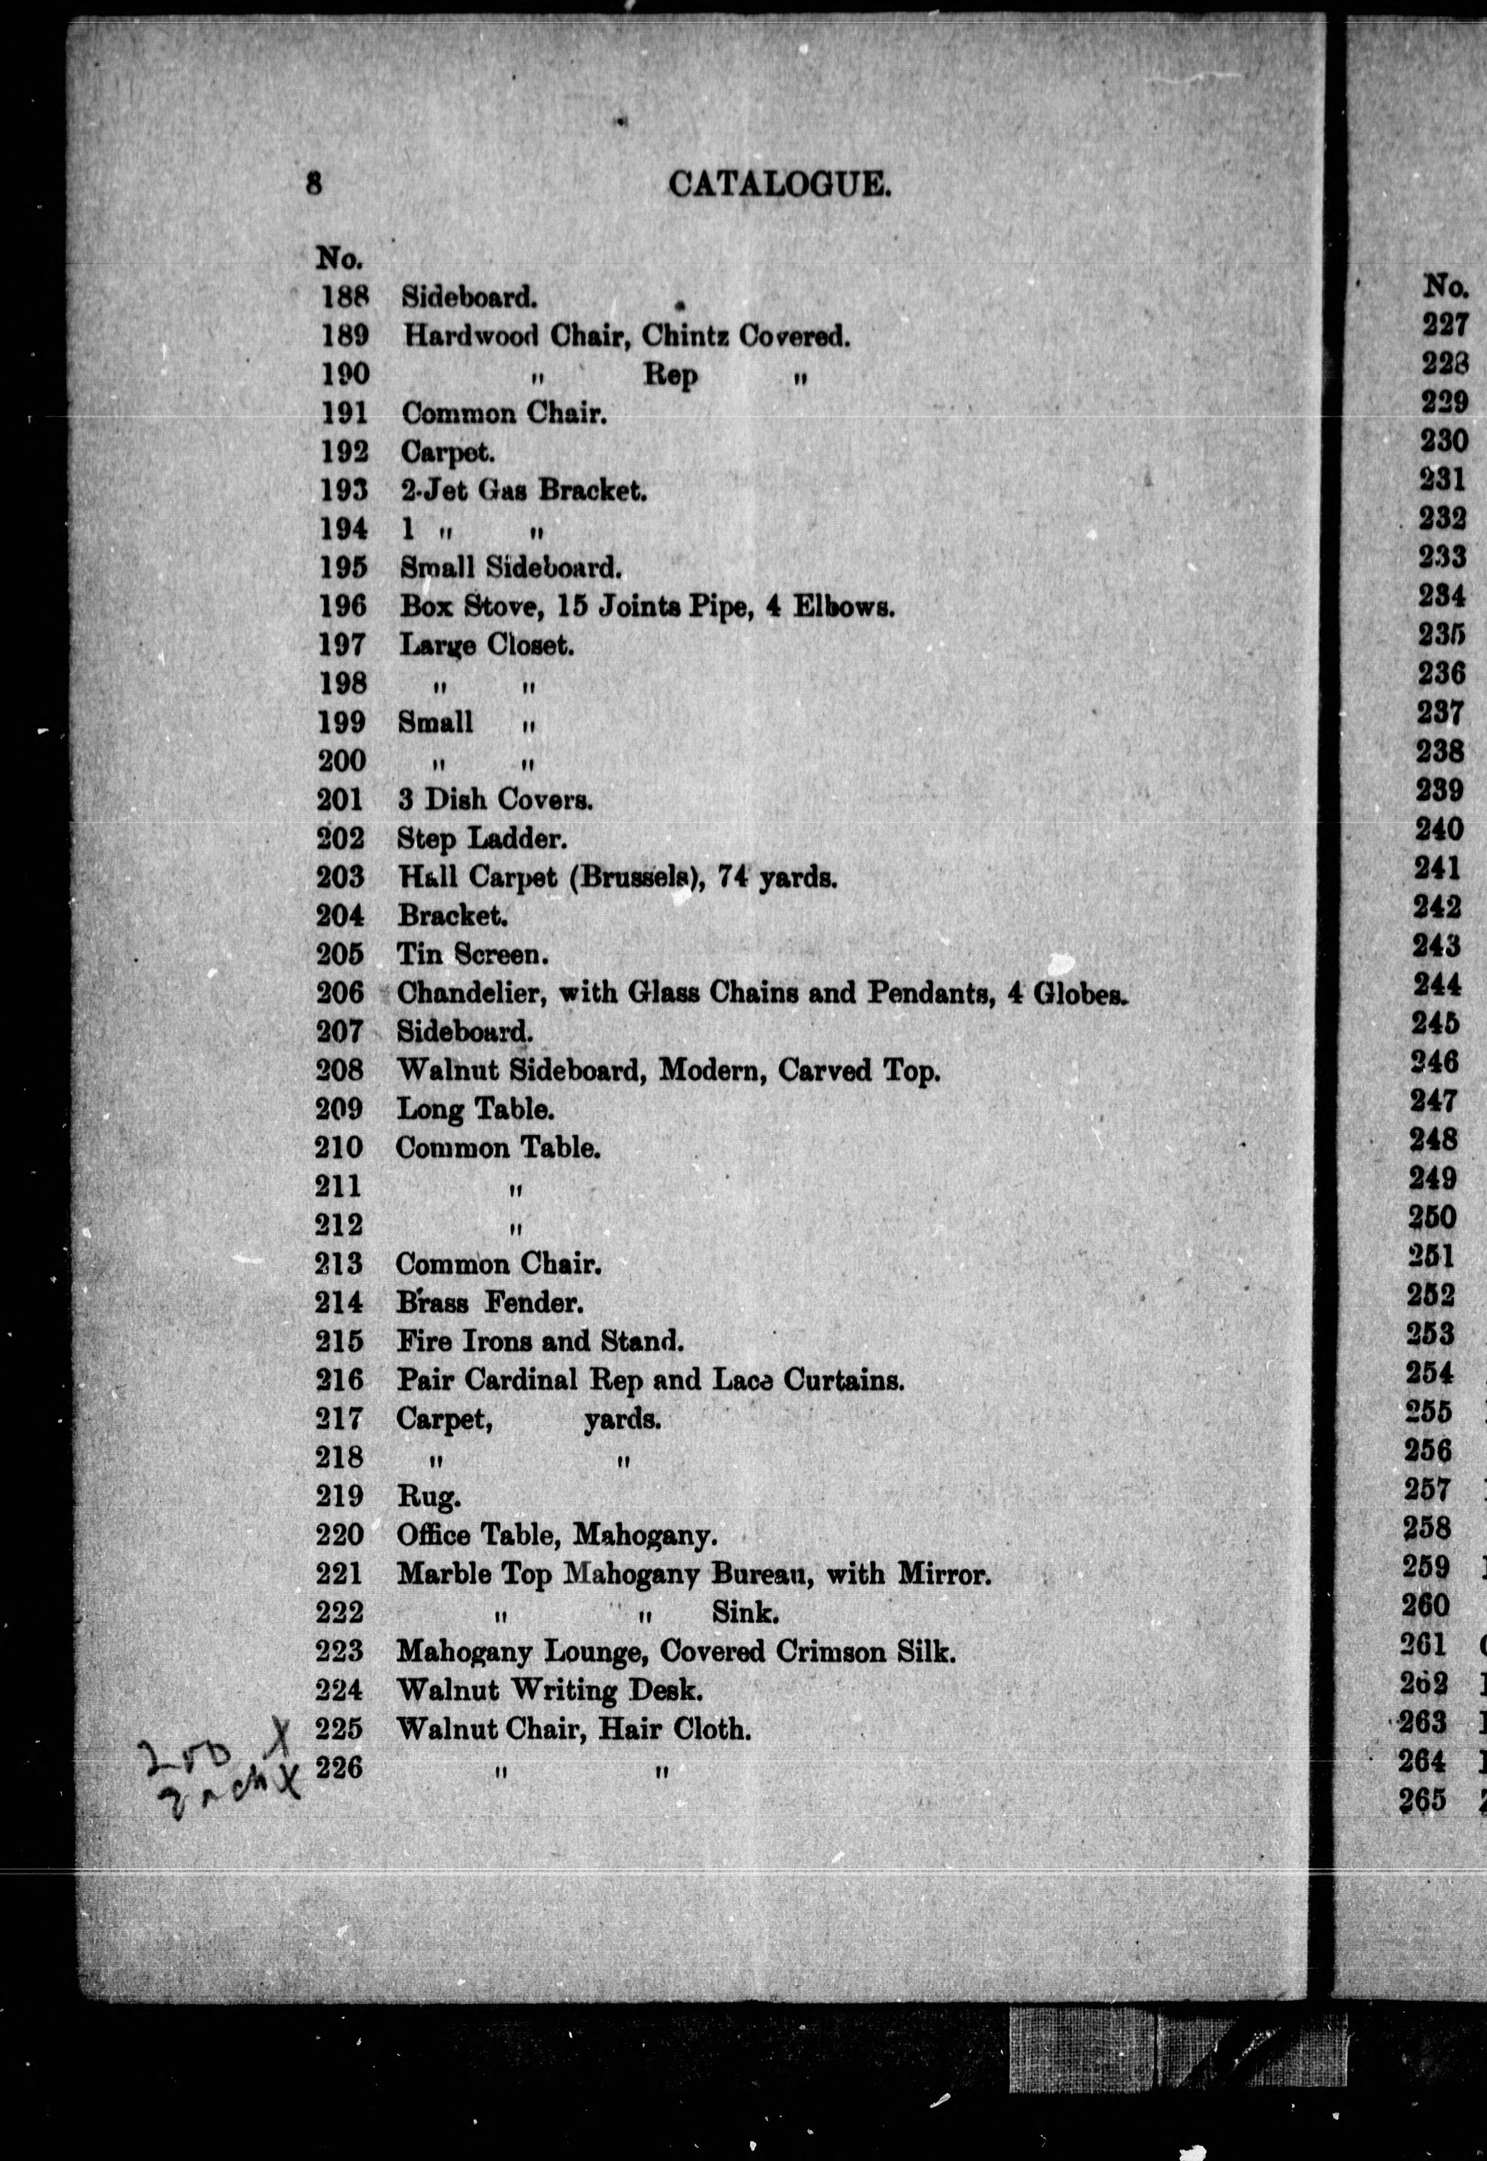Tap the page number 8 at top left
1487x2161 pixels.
tap(314, 184)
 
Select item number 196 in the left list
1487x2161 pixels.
tap(343, 607)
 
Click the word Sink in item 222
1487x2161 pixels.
tap(745, 1612)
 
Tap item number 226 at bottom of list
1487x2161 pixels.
tap(338, 1767)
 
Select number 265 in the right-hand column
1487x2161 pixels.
tap(1423, 1800)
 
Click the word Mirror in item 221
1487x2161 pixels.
tap(942, 1575)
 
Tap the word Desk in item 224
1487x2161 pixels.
tap(666, 1690)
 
